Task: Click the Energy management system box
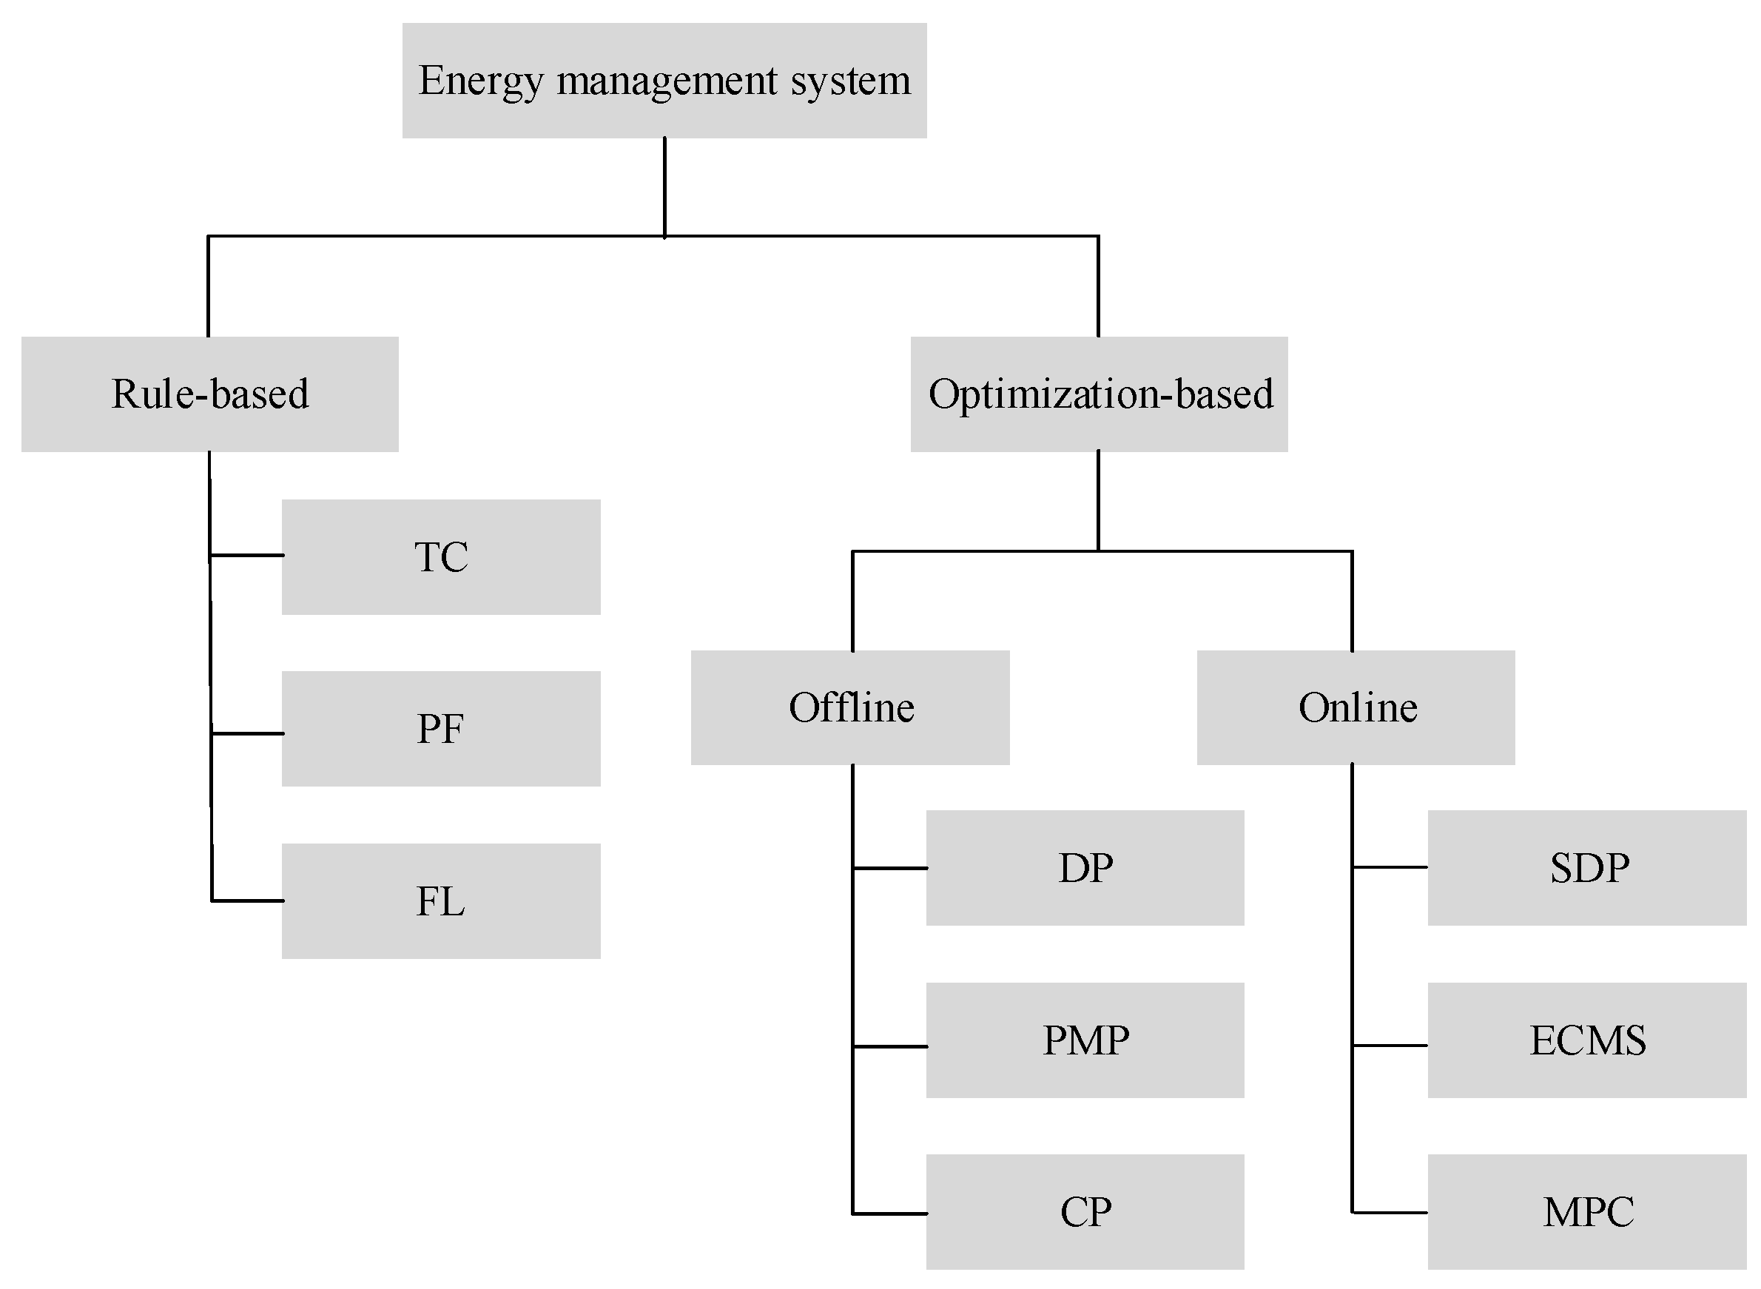click(664, 81)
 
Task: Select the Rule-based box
click(209, 394)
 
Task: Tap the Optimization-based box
click(1099, 394)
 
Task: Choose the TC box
click(441, 557)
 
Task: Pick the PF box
click(441, 729)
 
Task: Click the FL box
click(441, 901)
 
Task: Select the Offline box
click(850, 707)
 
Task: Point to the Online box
click(1356, 707)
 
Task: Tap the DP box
click(1085, 868)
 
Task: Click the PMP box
click(1085, 1040)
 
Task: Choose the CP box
click(1085, 1212)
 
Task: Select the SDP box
click(1587, 868)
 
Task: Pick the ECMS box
click(1587, 1040)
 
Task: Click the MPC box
click(1587, 1212)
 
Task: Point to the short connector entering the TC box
click(246, 556)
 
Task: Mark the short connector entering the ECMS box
click(1390, 1045)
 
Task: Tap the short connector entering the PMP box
click(889, 1046)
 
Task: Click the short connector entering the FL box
click(246, 901)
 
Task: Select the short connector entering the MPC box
click(1390, 1213)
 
